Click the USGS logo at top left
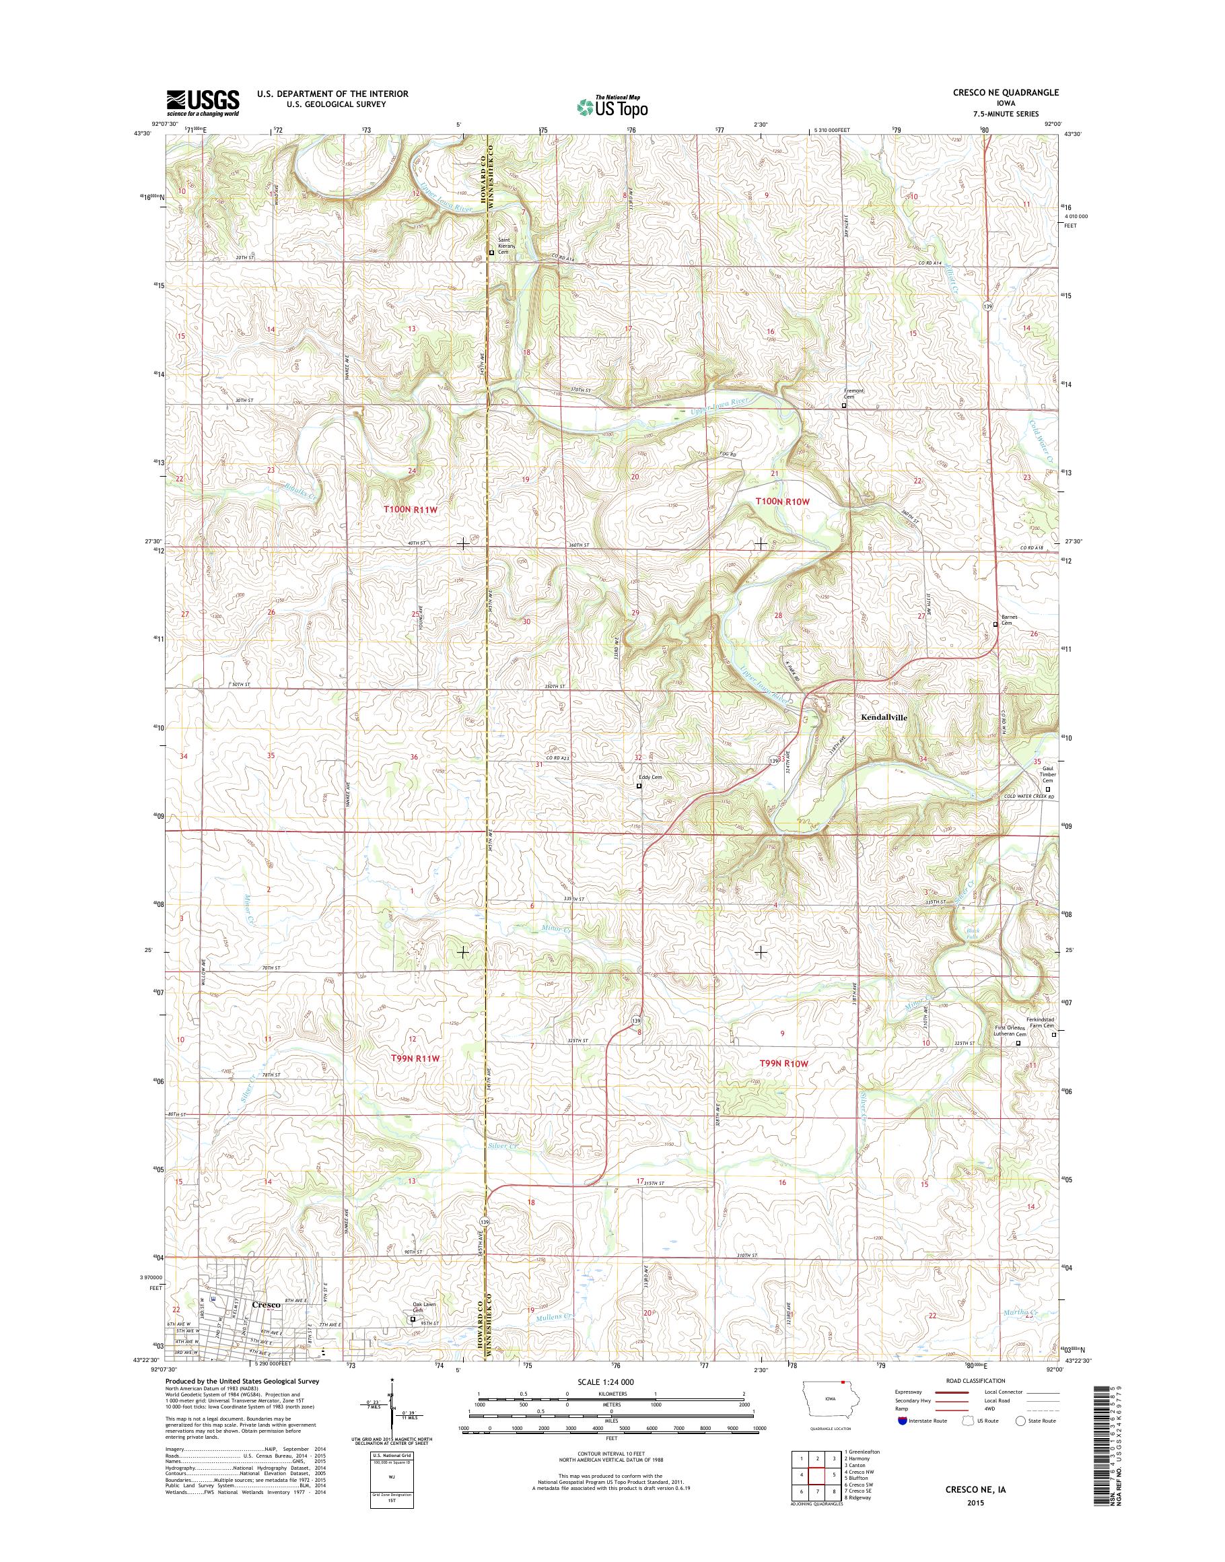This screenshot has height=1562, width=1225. pyautogui.click(x=203, y=102)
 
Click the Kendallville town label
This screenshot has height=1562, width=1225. pyautogui.click(x=884, y=717)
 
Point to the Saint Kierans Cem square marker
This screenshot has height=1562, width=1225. pyautogui.click(x=491, y=252)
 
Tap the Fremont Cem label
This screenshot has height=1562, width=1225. pyautogui.click(x=853, y=394)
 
